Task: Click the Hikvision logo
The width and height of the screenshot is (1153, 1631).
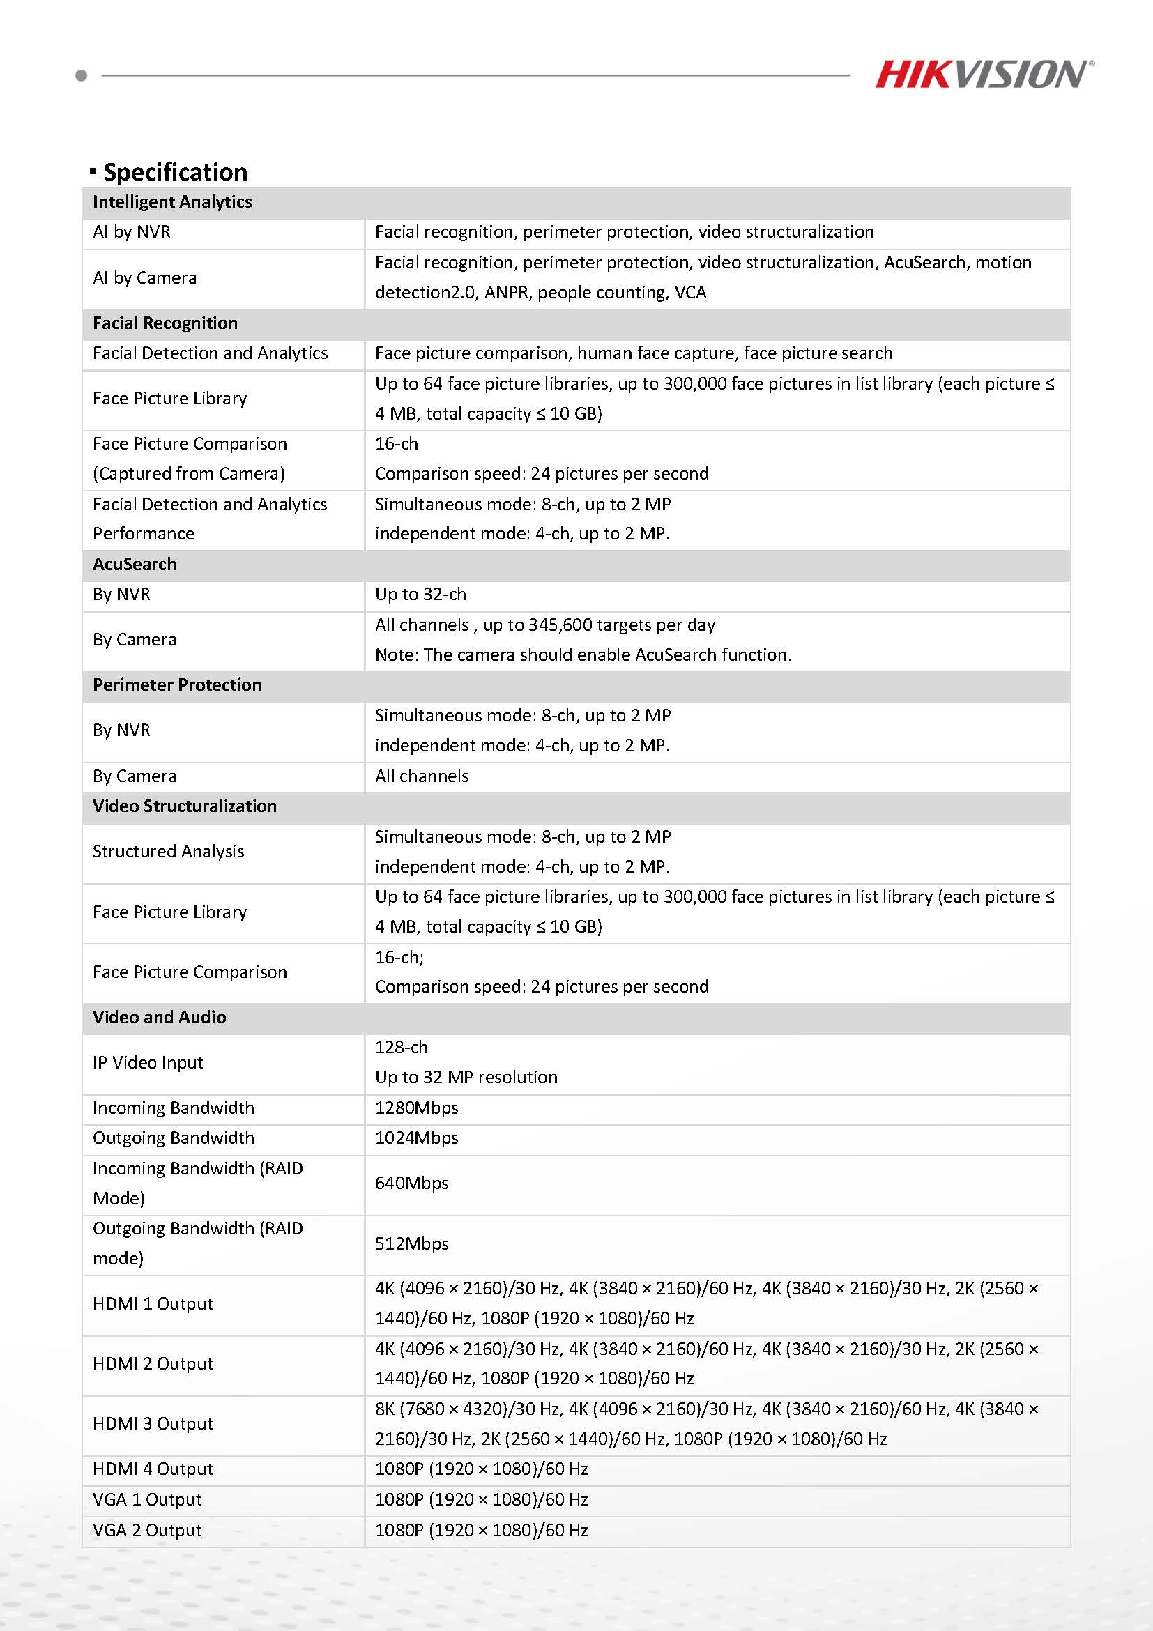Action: pyautogui.click(x=984, y=75)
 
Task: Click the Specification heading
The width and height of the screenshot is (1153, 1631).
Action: pyautogui.click(x=175, y=172)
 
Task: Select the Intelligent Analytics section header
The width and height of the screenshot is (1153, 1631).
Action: pyautogui.click(x=172, y=201)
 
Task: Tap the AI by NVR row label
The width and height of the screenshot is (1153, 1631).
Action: pyautogui.click(x=132, y=232)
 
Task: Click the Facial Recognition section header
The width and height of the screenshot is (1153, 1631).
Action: pyautogui.click(x=165, y=323)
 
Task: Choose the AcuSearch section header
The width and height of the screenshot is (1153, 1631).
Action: pyautogui.click(x=135, y=564)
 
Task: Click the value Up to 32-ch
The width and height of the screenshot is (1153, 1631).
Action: pyautogui.click(x=420, y=595)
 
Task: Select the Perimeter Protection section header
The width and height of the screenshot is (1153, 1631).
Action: pyautogui.click(x=177, y=684)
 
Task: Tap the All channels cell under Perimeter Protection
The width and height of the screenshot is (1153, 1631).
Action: pyautogui.click(x=422, y=776)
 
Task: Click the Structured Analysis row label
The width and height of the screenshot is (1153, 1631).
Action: pyautogui.click(x=169, y=852)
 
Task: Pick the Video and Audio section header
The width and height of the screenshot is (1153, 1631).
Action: pyautogui.click(x=159, y=1017)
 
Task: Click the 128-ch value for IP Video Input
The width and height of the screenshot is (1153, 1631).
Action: pyautogui.click(x=402, y=1048)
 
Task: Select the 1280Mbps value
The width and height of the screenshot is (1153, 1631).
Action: pyautogui.click(x=416, y=1108)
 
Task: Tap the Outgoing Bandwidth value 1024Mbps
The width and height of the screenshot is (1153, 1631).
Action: pyautogui.click(x=416, y=1138)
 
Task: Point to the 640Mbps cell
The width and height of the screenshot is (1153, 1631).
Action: pyautogui.click(x=411, y=1184)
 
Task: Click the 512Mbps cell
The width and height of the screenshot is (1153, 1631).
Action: pyautogui.click(x=411, y=1244)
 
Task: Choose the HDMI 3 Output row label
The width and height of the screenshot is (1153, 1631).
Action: pyautogui.click(x=153, y=1424)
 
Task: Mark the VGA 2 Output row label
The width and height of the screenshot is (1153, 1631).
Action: pyautogui.click(x=147, y=1530)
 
